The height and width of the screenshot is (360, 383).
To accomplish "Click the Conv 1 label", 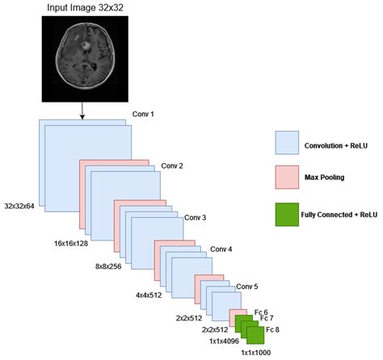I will [x=142, y=115].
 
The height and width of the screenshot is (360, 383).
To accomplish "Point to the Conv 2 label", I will [x=172, y=165].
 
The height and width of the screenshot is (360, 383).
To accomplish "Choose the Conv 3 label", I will [x=195, y=218].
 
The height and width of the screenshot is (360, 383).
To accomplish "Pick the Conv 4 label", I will [x=221, y=249].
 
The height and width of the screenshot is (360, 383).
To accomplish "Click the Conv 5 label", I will [x=246, y=287].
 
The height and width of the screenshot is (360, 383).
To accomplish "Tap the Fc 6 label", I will [x=261, y=312].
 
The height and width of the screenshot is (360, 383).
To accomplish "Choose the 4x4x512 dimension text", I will [x=151, y=295].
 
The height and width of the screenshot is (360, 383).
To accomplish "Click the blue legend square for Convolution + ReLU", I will [x=288, y=143].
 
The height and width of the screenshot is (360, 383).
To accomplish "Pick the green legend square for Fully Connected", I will [x=288, y=214].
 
